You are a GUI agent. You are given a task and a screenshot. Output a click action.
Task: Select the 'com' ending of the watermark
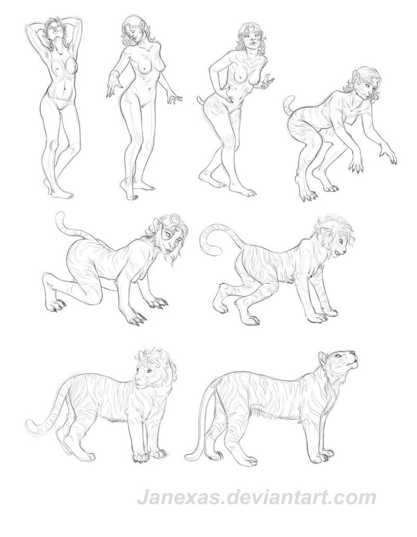(x=358, y=498)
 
